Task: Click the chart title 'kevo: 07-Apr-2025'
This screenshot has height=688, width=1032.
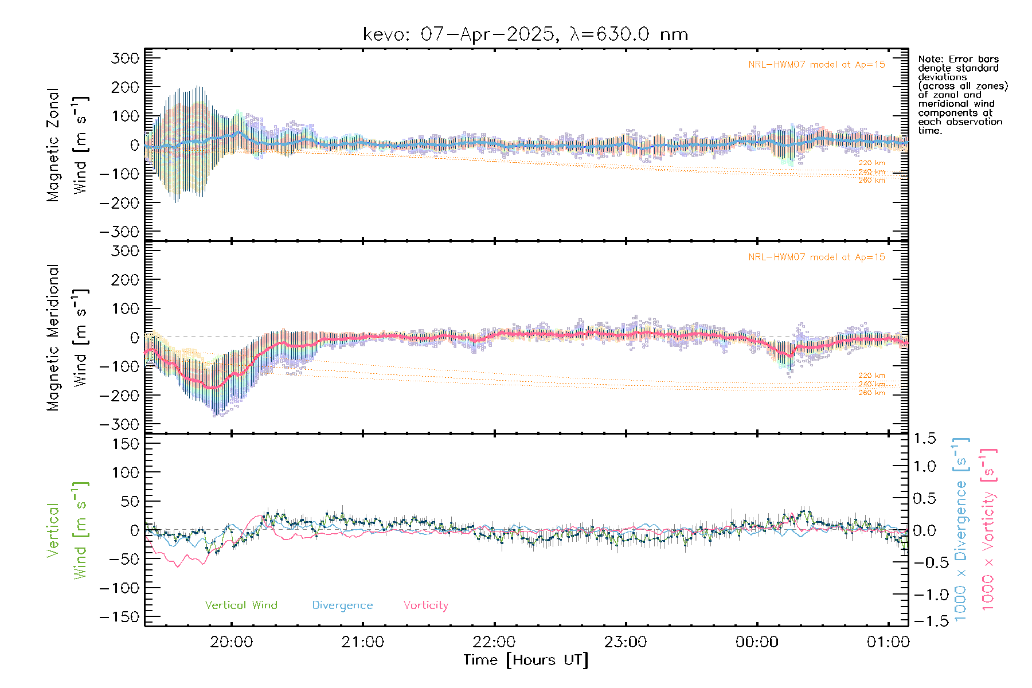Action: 459,34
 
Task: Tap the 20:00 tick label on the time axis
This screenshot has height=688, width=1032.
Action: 231,642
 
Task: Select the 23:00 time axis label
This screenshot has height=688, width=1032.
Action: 626,642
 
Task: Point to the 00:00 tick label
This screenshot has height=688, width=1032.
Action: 757,642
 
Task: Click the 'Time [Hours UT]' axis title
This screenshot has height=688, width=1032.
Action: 526,660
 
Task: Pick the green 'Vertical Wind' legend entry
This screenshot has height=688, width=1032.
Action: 241,605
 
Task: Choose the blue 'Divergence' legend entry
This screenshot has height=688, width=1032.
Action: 342,605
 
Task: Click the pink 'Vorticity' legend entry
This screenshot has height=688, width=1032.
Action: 425,605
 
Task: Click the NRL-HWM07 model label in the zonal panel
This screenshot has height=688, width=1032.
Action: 816,65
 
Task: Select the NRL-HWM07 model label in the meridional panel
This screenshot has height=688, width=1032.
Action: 816,257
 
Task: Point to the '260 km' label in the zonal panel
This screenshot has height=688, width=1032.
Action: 871,181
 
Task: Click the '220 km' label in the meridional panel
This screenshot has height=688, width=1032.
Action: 871,376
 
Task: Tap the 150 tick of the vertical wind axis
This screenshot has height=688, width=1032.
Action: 126,444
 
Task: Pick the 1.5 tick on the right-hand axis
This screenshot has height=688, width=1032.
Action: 925,439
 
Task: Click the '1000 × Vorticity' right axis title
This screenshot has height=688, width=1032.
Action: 988,529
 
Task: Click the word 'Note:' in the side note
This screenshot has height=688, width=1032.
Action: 930,59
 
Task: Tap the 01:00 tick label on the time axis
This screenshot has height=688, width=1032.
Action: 888,642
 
